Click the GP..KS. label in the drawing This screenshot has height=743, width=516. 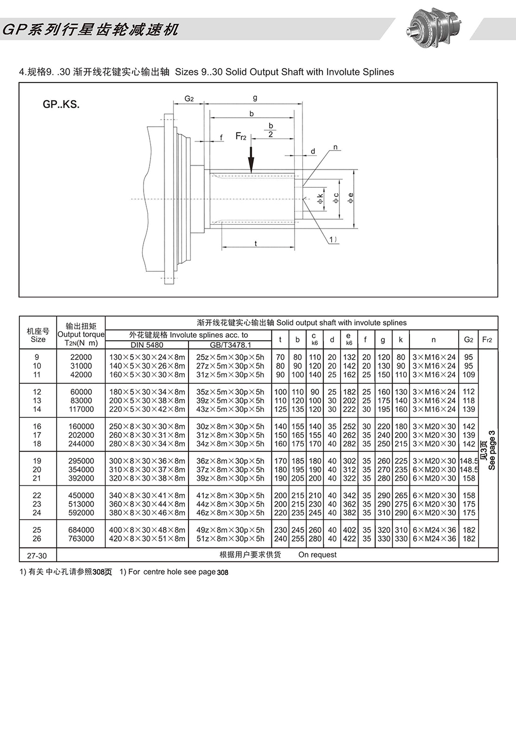click(x=61, y=104)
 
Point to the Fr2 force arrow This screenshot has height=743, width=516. click(x=251, y=160)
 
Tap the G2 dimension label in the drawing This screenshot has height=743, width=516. click(x=189, y=99)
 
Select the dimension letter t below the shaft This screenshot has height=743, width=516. click(x=256, y=243)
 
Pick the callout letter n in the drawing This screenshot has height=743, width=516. click(x=335, y=147)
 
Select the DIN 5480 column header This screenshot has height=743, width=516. click(x=147, y=345)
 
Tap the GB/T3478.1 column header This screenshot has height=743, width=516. click(x=230, y=345)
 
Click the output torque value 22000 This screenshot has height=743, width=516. click(x=81, y=357)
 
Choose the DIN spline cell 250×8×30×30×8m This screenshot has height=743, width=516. click(x=147, y=426)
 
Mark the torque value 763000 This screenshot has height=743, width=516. click(x=81, y=538)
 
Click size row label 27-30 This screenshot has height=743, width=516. click(x=37, y=555)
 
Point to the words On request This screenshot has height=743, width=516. click(x=317, y=555)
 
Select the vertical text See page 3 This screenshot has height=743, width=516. click(x=492, y=450)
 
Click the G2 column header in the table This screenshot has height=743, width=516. click(x=468, y=339)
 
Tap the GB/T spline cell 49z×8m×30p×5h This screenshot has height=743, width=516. click(x=230, y=530)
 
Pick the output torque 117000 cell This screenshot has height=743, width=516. click(x=81, y=409)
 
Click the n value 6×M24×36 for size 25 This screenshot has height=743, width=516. click(x=434, y=530)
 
